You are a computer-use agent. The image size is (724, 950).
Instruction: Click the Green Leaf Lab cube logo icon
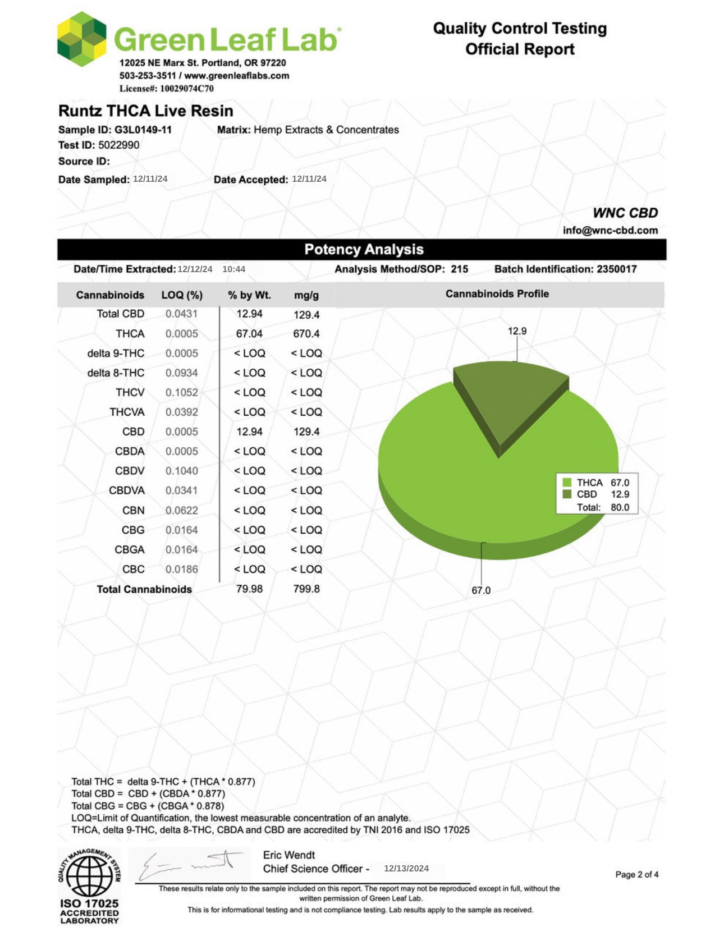tap(82, 39)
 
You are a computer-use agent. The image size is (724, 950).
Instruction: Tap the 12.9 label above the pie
tap(517, 331)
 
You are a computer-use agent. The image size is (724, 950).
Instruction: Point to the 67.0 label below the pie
tap(481, 590)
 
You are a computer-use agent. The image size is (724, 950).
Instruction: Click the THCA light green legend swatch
tap(567, 483)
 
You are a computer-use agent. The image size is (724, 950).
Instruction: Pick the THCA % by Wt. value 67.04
tap(249, 334)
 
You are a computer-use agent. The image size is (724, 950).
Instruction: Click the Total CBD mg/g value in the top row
tap(306, 315)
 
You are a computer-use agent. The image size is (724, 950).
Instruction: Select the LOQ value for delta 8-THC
tap(181, 373)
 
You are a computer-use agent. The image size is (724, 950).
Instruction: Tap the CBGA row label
tap(130, 550)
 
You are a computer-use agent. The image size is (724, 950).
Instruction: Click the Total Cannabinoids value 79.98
tap(249, 589)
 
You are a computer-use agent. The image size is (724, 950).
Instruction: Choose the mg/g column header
tap(306, 295)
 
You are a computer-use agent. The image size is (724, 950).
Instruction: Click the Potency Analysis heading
tap(364, 250)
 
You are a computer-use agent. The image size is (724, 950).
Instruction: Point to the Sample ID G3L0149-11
tap(143, 130)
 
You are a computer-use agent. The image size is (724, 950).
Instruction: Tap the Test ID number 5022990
tap(119, 145)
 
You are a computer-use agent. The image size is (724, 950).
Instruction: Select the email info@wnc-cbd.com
tap(610, 231)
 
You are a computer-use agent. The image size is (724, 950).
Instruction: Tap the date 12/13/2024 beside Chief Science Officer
tap(406, 869)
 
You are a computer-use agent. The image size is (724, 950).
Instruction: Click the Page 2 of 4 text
tap(636, 875)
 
